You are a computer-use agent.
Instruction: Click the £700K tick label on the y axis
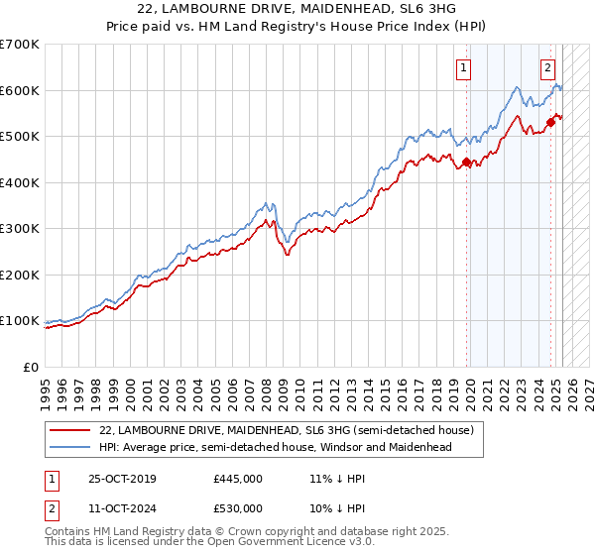(20, 45)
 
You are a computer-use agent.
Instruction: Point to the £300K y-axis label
(20, 229)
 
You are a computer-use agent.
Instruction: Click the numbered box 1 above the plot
(464, 68)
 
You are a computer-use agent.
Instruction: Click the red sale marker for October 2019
(468, 163)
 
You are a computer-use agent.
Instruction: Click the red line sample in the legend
(70, 431)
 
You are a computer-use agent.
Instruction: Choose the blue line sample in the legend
(70, 447)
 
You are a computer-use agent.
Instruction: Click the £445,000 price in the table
(238, 479)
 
